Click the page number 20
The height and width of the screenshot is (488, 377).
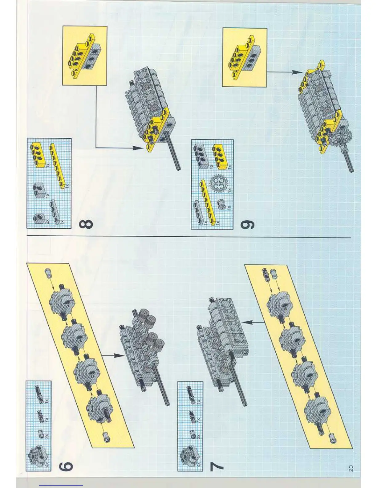click(351, 468)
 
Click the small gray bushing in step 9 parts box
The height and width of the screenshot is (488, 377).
click(221, 203)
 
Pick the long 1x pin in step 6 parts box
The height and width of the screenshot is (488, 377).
click(39, 393)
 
